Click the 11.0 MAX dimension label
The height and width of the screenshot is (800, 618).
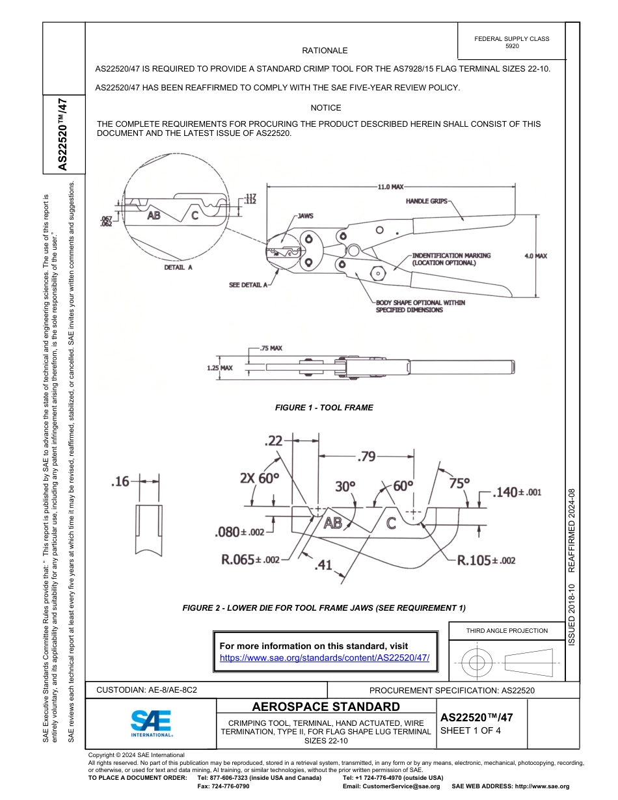[x=390, y=187]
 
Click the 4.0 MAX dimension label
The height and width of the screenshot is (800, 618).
[x=535, y=256]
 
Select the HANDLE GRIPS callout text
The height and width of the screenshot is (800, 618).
[x=427, y=202]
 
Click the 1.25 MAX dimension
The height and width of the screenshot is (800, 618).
[x=219, y=368]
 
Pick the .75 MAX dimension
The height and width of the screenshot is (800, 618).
[x=271, y=349]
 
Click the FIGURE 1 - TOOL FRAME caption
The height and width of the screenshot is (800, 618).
[x=324, y=408]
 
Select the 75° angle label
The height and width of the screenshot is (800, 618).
[x=459, y=483]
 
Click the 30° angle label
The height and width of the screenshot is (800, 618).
[x=345, y=485]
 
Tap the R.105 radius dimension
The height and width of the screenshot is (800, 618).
[x=486, y=560]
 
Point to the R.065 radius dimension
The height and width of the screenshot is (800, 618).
[x=250, y=560]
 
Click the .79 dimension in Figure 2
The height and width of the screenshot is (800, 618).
[x=367, y=457]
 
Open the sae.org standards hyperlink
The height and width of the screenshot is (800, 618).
[x=325, y=658]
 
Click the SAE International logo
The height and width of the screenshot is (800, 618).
[x=151, y=723]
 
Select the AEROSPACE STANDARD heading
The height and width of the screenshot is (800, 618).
[x=326, y=707]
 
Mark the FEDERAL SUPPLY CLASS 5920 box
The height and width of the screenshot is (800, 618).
[x=511, y=42]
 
